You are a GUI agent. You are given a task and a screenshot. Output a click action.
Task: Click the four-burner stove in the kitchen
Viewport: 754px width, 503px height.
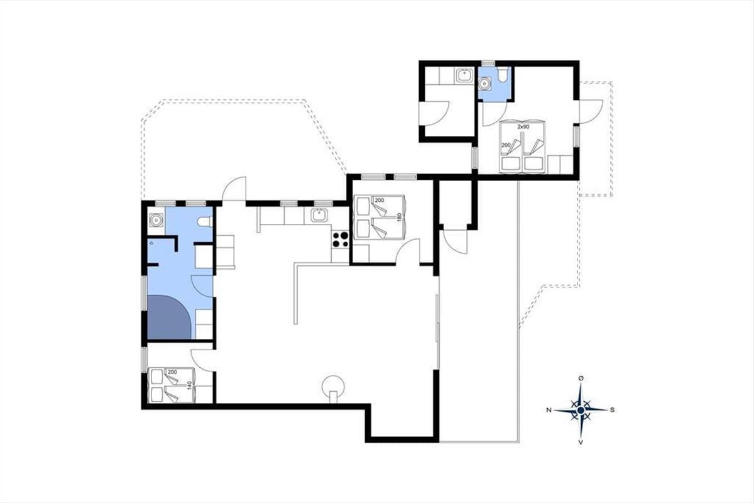point(341,240)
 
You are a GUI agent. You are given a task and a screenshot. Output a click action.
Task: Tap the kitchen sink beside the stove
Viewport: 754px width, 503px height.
point(318,215)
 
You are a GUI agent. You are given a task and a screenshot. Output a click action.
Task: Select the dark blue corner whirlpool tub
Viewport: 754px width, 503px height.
point(169,317)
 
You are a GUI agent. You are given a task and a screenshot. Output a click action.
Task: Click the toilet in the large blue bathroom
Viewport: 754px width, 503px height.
point(204,222)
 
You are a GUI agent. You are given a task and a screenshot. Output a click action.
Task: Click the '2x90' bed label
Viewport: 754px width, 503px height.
point(523,127)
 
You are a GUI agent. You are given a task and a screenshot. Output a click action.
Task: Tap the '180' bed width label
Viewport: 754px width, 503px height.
point(400,217)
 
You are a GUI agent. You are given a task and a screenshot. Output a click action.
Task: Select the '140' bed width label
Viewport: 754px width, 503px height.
point(190,385)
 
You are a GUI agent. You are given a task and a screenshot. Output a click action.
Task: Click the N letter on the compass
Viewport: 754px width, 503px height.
point(549,410)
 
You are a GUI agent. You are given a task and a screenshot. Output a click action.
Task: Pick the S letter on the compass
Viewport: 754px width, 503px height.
point(612,410)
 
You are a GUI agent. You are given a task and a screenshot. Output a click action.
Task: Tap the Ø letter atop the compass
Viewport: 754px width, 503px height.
point(581,379)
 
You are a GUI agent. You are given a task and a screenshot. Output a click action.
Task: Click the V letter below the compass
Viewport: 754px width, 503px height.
point(581,443)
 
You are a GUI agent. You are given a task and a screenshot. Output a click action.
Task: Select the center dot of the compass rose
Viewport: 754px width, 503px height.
point(581,410)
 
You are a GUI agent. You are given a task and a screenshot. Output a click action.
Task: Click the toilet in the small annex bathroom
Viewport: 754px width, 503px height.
point(503,74)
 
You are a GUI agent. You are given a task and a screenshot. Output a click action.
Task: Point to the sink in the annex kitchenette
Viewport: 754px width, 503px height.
point(465,75)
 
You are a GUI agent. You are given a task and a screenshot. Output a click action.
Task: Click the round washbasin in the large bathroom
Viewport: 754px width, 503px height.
point(156,220)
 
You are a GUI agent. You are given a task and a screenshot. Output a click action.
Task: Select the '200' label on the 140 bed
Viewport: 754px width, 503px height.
point(172,372)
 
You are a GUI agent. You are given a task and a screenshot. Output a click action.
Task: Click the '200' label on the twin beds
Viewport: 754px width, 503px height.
point(506,145)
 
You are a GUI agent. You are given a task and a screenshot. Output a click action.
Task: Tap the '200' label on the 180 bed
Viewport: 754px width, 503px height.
point(380,201)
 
